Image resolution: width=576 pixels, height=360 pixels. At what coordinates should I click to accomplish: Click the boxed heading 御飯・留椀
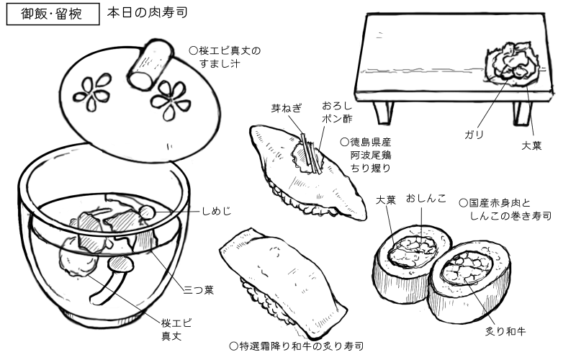coord(52,14)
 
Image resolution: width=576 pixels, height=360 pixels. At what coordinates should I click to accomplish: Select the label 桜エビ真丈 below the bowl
coord(173,329)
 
